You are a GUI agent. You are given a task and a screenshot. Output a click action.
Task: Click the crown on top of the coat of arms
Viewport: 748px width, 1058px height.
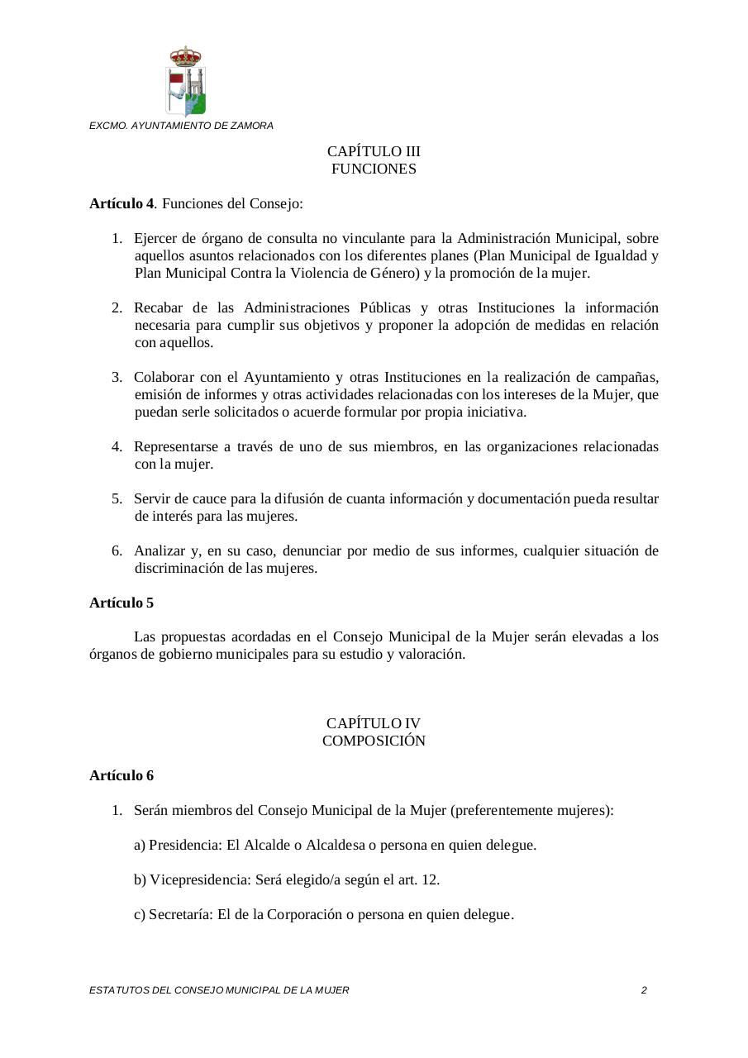tap(186, 55)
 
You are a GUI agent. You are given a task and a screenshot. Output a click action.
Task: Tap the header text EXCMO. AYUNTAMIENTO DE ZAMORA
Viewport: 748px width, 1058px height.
tap(181, 126)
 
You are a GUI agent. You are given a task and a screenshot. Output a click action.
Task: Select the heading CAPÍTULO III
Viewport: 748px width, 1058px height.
tap(374, 151)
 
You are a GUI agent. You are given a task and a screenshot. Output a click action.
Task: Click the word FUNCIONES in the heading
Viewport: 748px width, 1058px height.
tap(374, 169)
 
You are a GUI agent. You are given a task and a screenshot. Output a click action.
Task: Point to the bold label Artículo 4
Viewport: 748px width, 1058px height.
tap(121, 203)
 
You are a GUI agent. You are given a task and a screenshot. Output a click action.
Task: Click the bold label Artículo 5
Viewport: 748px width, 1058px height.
tap(121, 603)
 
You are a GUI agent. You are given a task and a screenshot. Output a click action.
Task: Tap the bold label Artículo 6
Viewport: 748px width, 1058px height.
tap(121, 775)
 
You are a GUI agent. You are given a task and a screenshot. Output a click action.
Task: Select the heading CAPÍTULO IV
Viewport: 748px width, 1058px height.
tap(374, 723)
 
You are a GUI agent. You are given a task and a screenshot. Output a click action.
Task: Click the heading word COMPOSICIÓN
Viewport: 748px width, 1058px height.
tap(374, 741)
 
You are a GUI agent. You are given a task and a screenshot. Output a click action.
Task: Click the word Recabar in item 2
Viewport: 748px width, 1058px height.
tap(159, 307)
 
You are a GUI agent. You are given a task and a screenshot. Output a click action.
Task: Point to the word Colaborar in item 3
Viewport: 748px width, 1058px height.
tap(164, 377)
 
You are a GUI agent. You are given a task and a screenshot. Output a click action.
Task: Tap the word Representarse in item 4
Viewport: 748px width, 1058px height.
tap(176, 446)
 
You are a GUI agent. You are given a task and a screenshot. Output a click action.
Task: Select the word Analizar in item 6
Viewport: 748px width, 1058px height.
tap(160, 550)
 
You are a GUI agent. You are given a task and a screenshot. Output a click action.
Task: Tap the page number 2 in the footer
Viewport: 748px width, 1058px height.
tap(644, 989)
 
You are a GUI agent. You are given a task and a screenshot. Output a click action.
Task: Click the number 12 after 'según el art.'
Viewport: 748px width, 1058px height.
tap(430, 879)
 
